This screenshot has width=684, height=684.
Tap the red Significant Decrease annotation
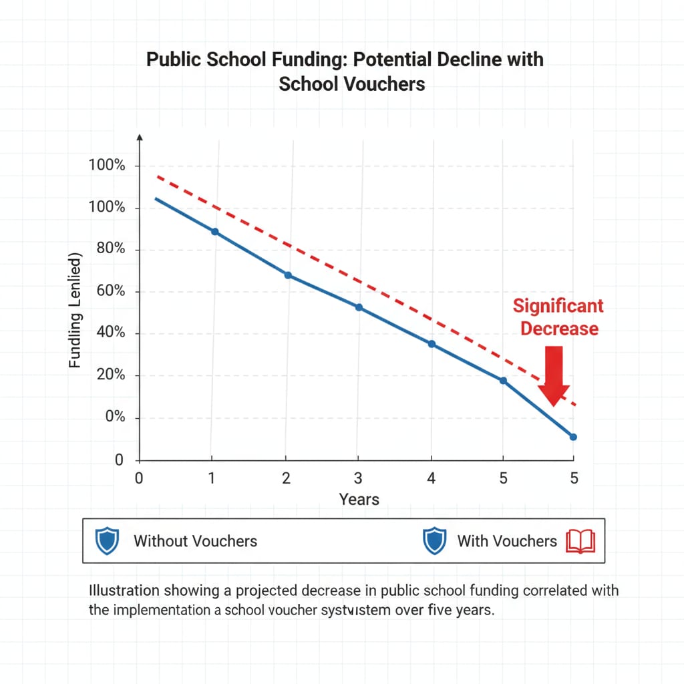click(x=558, y=317)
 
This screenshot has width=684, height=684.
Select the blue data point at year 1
click(x=214, y=232)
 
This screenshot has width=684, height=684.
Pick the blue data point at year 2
click(x=288, y=275)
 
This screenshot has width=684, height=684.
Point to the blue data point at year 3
click(x=359, y=307)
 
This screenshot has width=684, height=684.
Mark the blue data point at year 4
click(x=432, y=344)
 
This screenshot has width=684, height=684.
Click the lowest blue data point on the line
click(x=573, y=437)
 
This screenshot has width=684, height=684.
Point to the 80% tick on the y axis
click(x=111, y=250)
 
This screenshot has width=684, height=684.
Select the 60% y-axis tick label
click(x=111, y=292)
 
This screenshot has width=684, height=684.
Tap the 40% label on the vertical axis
click(x=111, y=333)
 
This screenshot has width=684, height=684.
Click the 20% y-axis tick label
click(x=111, y=375)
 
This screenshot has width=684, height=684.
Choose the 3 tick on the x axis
click(x=358, y=478)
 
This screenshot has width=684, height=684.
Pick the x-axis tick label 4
click(x=431, y=478)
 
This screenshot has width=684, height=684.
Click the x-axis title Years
click(x=359, y=499)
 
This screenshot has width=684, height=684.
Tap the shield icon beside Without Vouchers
click(x=107, y=540)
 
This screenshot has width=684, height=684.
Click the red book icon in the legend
click(x=580, y=540)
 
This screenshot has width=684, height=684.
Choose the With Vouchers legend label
click(x=506, y=541)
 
